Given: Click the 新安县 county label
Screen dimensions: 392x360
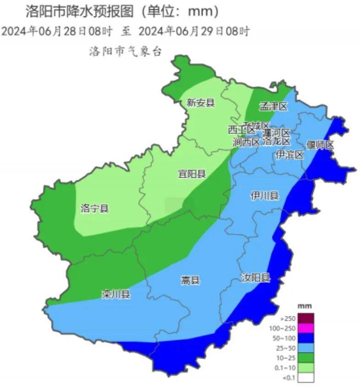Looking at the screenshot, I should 200,103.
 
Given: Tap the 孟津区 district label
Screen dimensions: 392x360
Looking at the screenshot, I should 273,106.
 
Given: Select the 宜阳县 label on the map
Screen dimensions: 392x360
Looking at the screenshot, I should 192,174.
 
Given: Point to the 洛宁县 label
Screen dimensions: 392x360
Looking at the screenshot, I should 94,209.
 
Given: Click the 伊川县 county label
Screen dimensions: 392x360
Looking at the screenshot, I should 265,196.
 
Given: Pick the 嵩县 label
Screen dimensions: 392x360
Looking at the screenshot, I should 190,280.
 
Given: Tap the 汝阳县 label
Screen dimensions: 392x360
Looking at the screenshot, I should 256,277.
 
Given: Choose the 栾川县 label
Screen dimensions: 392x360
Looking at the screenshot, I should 116,294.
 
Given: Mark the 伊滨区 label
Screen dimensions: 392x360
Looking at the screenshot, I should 290,155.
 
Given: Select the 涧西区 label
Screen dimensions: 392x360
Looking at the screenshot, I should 246,142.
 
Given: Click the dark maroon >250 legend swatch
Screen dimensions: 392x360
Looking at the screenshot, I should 307,318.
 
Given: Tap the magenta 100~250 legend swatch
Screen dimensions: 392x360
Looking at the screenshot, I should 307,328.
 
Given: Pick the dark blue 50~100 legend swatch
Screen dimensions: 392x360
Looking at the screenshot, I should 307,338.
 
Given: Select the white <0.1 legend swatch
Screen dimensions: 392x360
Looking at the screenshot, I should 307,378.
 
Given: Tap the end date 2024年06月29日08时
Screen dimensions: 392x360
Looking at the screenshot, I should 194,31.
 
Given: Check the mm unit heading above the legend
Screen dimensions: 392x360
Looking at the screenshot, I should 305,306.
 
